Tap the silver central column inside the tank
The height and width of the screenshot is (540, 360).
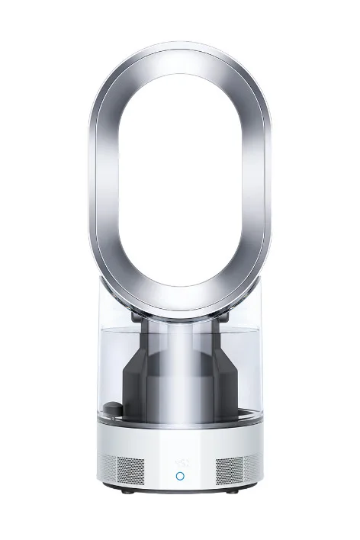180,358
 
